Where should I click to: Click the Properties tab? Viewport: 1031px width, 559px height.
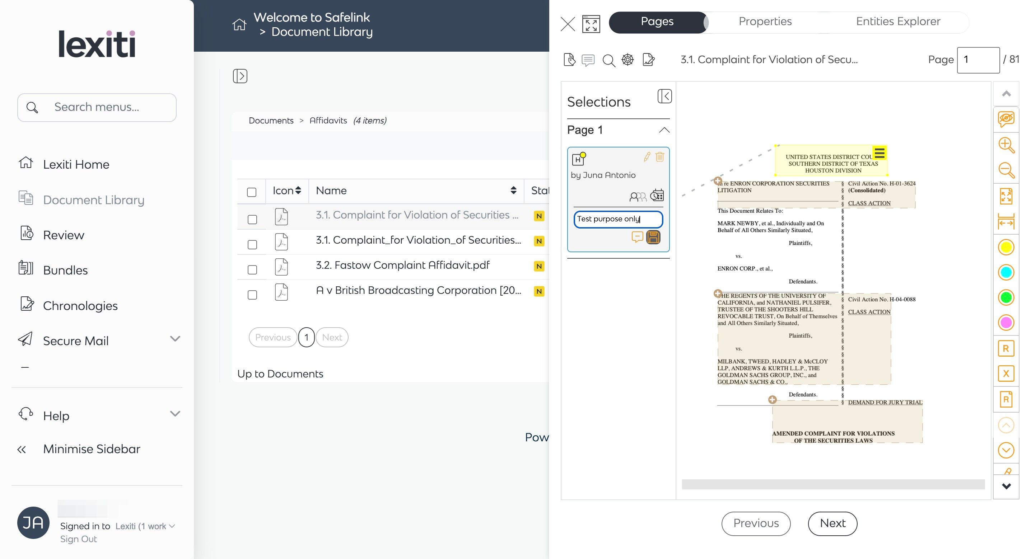(765, 22)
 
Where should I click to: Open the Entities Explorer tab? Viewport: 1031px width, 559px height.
(898, 22)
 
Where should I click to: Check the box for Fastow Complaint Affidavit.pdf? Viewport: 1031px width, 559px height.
(252, 270)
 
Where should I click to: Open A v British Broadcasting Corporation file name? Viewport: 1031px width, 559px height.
(418, 290)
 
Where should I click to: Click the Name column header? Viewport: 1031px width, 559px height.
(331, 191)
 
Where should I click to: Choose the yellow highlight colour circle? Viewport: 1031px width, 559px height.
(1006, 247)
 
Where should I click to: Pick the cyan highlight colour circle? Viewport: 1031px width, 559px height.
(1006, 272)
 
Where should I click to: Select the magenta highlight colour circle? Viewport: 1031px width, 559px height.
(1006, 323)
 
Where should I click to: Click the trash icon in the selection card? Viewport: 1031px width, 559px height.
(659, 156)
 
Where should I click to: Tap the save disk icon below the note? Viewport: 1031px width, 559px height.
(653, 237)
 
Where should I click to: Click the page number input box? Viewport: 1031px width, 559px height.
(978, 60)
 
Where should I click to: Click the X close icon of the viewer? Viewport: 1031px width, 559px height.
(568, 24)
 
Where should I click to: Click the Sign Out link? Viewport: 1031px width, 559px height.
(79, 539)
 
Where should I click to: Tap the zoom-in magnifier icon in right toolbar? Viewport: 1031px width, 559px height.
(1006, 145)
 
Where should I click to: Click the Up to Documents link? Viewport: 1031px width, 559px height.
(280, 374)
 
